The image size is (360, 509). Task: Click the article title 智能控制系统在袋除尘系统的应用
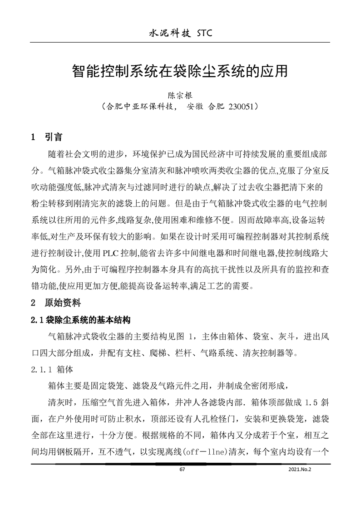(x=180, y=70)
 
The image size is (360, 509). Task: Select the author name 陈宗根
(x=181, y=96)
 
